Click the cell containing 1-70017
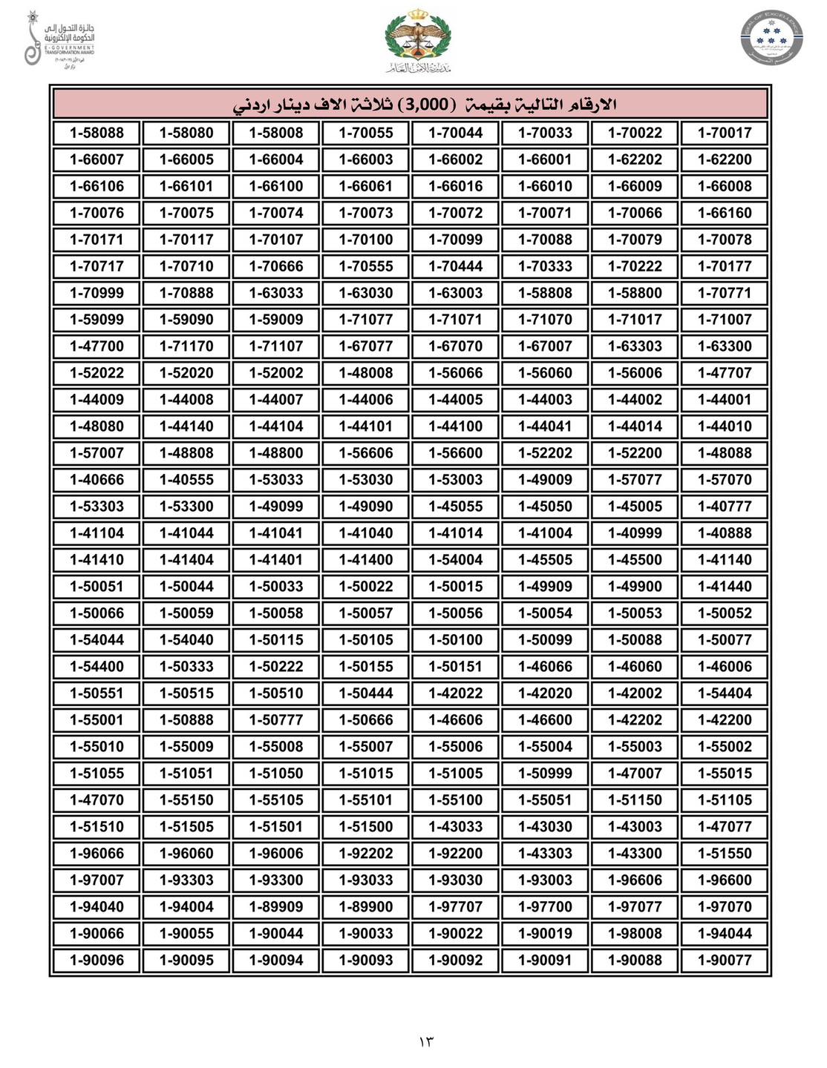(724, 133)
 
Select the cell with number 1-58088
(97, 133)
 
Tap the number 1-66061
(365, 186)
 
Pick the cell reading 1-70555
(365, 266)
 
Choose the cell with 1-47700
(97, 346)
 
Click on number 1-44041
(545, 426)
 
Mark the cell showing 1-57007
(97, 453)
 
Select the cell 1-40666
(97, 480)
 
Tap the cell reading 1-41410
(97, 560)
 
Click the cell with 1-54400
(97, 667)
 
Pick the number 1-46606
(455, 720)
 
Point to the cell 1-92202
(365, 854)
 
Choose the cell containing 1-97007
(97, 880)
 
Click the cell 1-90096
(97, 960)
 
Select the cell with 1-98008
(635, 933)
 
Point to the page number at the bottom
(425, 1042)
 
